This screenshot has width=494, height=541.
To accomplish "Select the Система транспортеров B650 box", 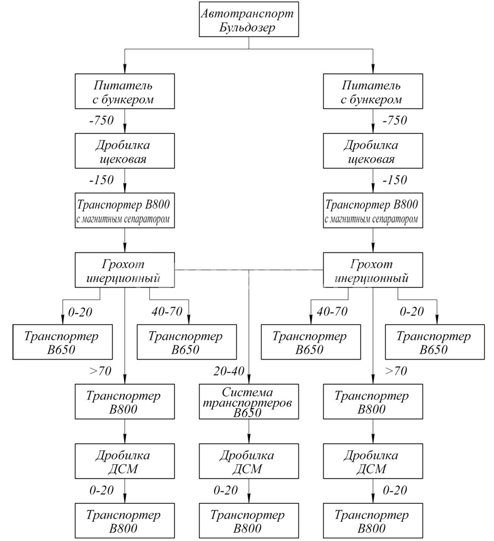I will [249, 402].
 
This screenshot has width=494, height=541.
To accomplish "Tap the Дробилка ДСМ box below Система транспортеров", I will [249, 462].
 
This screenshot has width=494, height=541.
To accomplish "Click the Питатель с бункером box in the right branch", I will [373, 92].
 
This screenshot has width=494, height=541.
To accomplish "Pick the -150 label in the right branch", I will [395, 180].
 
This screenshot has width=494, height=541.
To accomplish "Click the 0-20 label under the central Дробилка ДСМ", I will [226, 490].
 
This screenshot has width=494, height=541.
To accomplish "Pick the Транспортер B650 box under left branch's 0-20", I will [62, 343].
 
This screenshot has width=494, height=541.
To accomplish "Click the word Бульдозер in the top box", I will [249, 27].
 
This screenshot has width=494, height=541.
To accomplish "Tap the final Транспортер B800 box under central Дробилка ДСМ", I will [249, 521].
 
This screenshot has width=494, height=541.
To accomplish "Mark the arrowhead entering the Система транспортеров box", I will [249, 381].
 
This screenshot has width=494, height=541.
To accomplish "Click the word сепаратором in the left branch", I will [149, 220].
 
